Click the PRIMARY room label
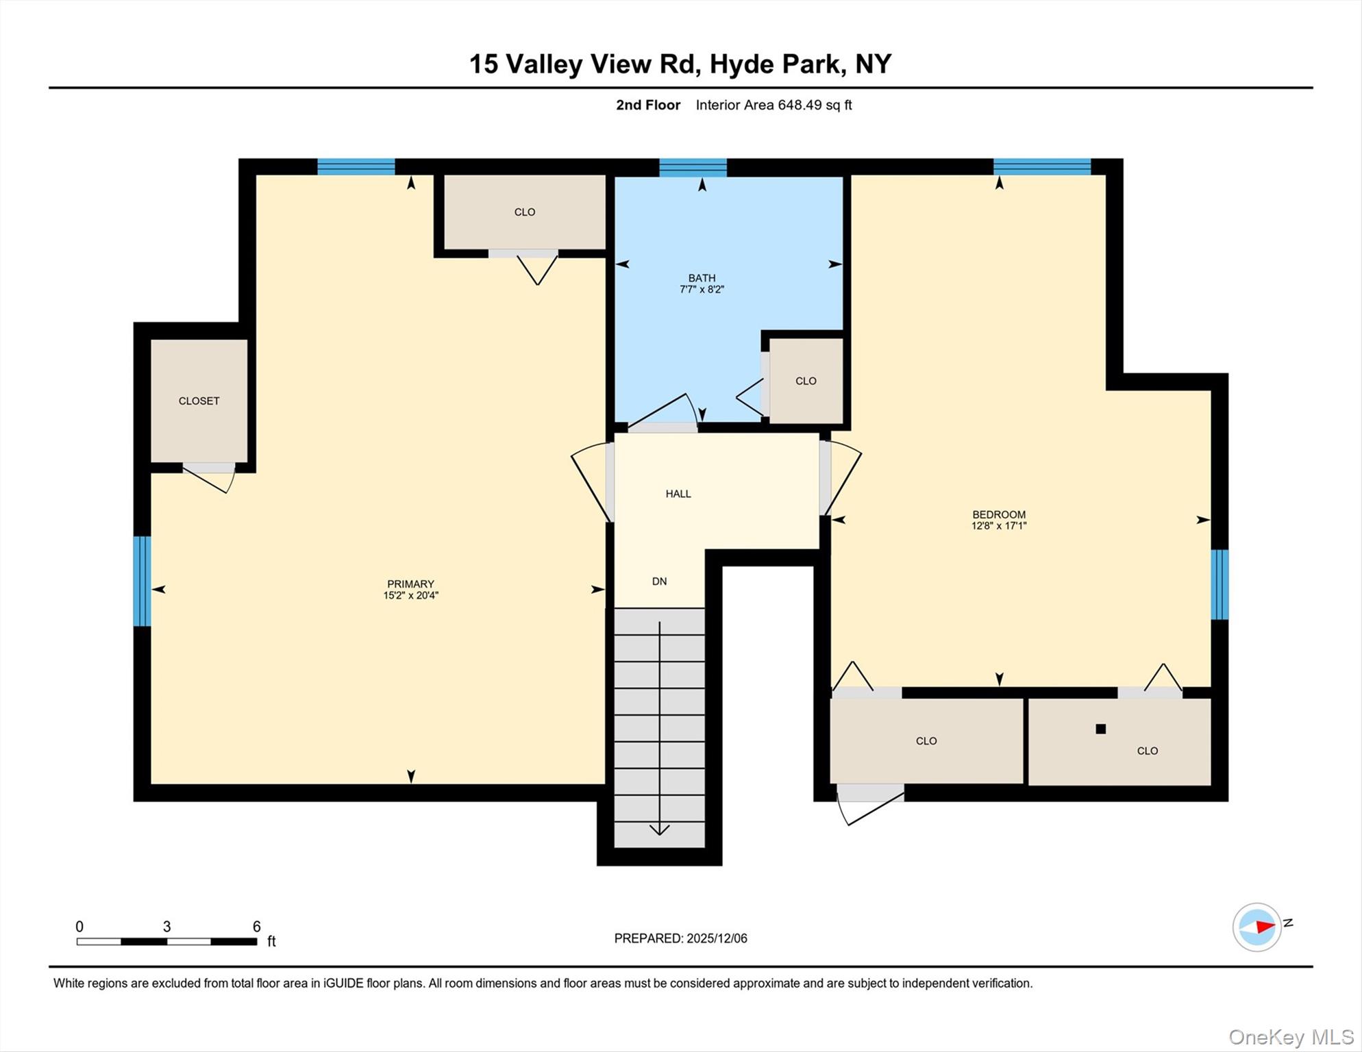pos(410,584)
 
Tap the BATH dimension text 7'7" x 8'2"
pos(702,290)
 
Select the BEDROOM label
pos(999,514)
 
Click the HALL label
pos(678,494)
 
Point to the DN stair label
pos(659,581)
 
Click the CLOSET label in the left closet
pos(199,401)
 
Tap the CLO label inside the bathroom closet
pos(806,381)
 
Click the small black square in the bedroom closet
pos(1100,729)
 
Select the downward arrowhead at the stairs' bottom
pos(659,830)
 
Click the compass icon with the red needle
pos(1257,927)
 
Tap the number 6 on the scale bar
pos(257,927)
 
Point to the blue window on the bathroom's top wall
pos(693,167)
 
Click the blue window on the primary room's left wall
pos(142,581)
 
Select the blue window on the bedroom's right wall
pos(1219,584)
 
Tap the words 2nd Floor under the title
pos(647,105)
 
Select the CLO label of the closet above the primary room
pos(525,212)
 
